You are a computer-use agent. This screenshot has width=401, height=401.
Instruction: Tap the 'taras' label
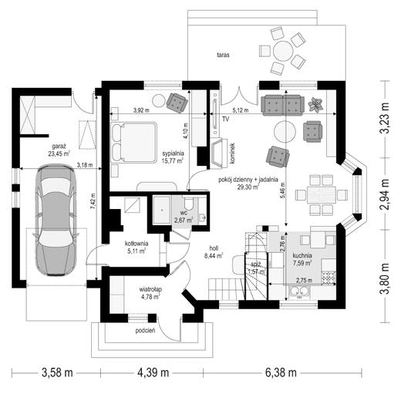coord(223,55)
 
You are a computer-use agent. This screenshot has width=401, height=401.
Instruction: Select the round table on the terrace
coord(283,51)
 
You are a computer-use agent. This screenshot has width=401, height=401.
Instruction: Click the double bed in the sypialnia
coord(134,143)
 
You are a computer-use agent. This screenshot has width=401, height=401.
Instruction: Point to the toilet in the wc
coord(190,204)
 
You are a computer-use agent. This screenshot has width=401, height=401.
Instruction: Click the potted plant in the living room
coord(315,104)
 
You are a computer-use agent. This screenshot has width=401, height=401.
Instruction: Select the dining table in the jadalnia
coord(322,194)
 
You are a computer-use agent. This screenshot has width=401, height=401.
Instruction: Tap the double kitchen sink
coord(299,291)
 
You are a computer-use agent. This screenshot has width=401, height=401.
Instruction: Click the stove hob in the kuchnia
coord(328,278)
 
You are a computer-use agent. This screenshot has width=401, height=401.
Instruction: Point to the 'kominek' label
coord(233,153)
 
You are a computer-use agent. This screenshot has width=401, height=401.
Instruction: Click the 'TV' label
coord(226,119)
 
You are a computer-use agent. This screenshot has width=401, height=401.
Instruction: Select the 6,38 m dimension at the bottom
coord(281,372)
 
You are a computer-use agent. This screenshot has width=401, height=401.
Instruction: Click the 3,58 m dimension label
coord(57,372)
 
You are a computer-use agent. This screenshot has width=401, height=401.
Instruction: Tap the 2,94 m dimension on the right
coord(385,194)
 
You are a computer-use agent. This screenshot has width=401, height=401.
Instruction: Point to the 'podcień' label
coord(145,331)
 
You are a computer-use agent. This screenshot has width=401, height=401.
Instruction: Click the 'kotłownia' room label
coord(136,243)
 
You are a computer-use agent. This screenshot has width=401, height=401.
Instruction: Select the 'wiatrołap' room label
coord(150,289)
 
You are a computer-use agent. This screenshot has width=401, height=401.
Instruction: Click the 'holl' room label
coord(214,248)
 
